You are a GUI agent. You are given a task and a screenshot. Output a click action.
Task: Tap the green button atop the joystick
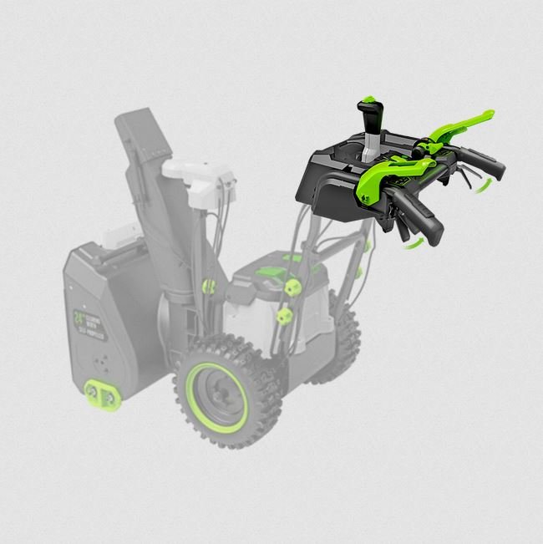[368, 100]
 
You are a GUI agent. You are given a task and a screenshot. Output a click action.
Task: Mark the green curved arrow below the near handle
[411, 243]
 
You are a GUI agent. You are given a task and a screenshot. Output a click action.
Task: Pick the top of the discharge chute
[137, 125]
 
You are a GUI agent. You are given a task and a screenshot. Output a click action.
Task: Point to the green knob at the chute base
[209, 287]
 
